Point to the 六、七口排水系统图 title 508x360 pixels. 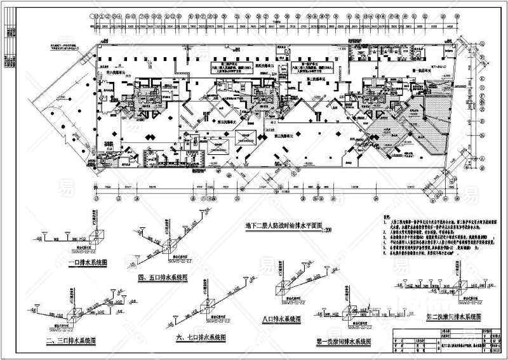200,337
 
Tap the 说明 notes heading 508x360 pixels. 389,218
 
